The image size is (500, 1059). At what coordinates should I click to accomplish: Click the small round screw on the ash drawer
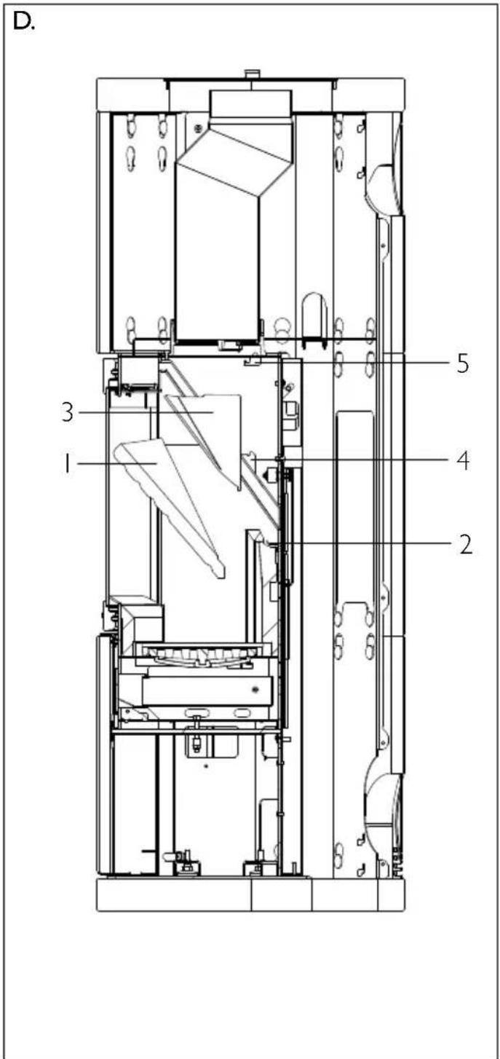[255, 688]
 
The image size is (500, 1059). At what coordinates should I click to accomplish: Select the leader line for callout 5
[364, 363]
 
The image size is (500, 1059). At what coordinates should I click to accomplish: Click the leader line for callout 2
[364, 543]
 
